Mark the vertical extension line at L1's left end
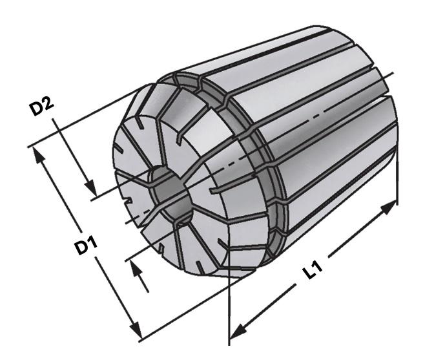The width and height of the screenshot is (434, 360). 229,310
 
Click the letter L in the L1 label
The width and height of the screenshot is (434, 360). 309,275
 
